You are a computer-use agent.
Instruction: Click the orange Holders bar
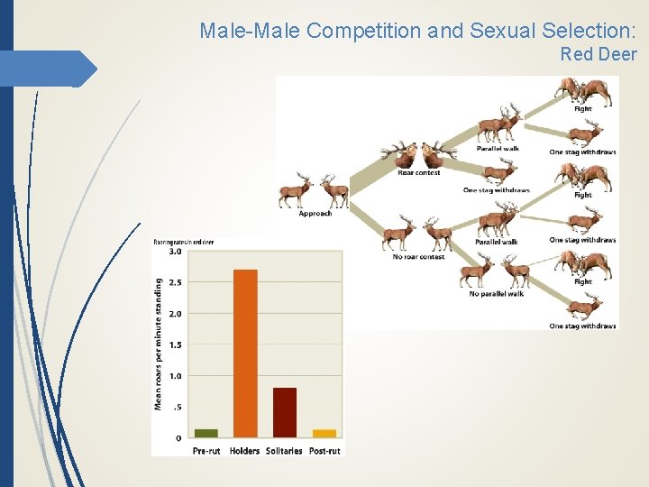pos(245,353)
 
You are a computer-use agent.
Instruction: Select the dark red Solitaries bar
pos(284,412)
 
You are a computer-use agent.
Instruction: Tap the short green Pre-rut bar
pos(206,433)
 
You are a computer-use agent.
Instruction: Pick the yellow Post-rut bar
pos(324,433)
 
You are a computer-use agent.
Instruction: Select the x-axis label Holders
pos(244,450)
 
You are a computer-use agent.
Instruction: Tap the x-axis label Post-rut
pos(324,450)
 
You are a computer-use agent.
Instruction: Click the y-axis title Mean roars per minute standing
pos(159,344)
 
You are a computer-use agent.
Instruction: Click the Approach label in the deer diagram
pos(315,214)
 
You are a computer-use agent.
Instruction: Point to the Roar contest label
pos(418,172)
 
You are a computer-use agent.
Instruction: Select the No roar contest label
pos(419,257)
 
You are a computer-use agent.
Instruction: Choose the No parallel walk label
pos(497,293)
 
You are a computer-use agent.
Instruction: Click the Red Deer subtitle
pos(598,54)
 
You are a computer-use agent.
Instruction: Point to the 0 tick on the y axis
pos(178,437)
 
